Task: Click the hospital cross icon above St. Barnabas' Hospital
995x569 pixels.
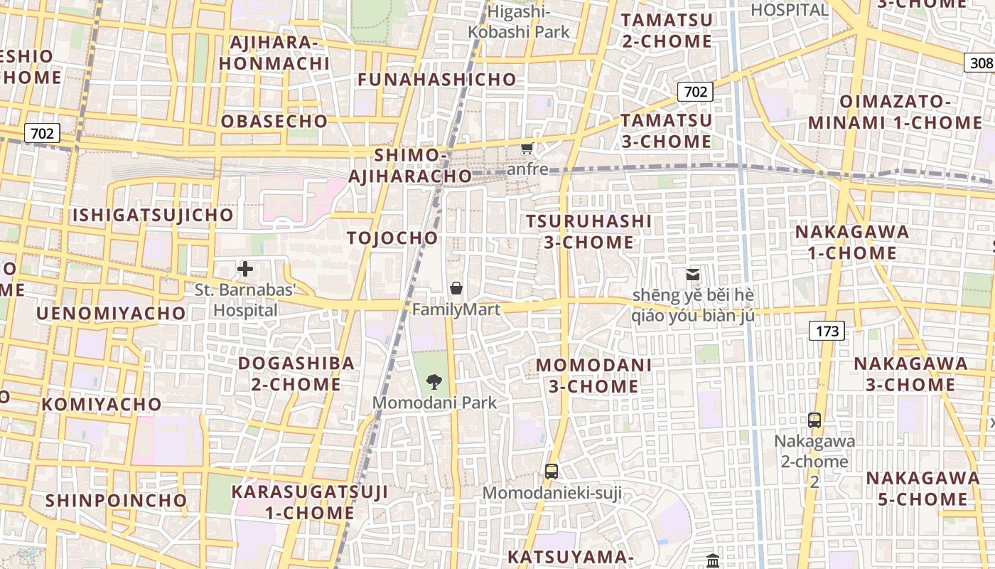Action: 245,269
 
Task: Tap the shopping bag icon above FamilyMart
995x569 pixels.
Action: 456,288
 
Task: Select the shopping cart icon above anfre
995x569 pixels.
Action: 527,149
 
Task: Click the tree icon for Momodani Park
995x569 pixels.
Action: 434,382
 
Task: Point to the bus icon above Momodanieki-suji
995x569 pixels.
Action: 551,471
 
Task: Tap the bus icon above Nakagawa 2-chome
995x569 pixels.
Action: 814,420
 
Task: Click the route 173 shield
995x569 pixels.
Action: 827,331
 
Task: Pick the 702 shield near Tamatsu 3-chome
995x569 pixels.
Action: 694,92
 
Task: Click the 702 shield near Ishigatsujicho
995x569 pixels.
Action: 42,133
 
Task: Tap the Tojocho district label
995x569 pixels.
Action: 392,238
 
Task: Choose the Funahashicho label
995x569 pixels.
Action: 436,80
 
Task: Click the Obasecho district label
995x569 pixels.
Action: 274,122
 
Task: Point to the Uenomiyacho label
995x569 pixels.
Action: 111,313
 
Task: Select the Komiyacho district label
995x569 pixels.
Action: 102,405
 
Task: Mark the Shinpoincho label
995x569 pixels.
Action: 116,500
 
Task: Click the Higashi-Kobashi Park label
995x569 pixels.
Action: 520,22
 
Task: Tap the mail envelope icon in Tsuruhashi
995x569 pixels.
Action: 692,275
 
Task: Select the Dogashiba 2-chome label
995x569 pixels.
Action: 296,373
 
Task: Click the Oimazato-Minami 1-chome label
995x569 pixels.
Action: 894,112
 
